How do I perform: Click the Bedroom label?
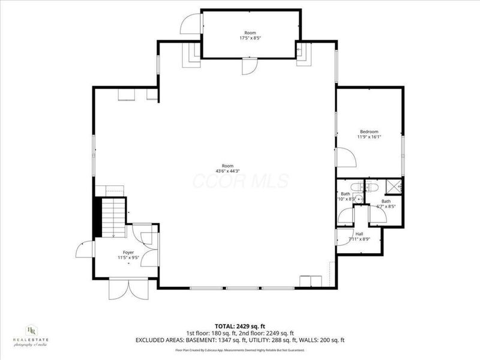tap(369, 131)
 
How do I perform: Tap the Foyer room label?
tap(128, 253)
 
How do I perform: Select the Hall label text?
tap(359, 234)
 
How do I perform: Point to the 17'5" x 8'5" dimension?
tap(250, 37)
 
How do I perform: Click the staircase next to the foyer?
tap(113, 218)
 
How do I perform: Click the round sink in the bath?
tap(359, 199)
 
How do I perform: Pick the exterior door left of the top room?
tap(190, 23)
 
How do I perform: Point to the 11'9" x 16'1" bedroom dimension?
tap(369, 137)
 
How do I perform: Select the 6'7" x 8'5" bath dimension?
tap(386, 206)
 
